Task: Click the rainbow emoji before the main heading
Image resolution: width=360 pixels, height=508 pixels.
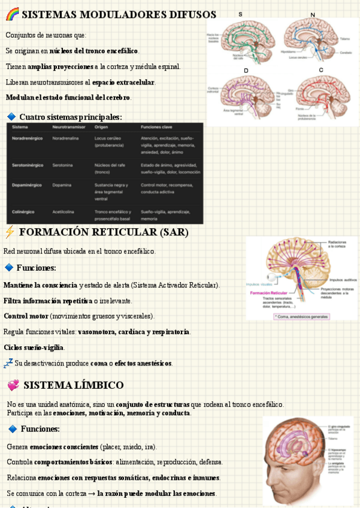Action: click(x=12, y=14)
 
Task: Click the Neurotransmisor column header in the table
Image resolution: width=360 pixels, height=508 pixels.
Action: click(x=69, y=128)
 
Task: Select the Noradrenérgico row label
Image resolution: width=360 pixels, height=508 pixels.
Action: click(x=28, y=138)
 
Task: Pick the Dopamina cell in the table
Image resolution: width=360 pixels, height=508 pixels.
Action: click(x=62, y=185)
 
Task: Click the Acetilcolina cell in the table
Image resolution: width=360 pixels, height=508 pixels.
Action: click(x=64, y=211)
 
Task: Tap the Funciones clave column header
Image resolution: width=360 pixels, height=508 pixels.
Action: click(x=157, y=128)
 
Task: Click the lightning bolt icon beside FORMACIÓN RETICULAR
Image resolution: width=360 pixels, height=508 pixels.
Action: click(x=10, y=232)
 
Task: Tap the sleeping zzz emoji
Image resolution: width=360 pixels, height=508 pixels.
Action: click(x=8, y=363)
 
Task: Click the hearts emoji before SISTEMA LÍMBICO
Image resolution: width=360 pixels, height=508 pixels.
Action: click(x=13, y=385)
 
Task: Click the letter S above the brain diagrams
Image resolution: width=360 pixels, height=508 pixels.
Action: click(x=240, y=14)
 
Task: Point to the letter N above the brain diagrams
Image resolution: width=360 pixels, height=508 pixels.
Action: click(x=312, y=14)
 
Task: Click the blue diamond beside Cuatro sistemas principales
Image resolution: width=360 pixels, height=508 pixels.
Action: click(x=11, y=116)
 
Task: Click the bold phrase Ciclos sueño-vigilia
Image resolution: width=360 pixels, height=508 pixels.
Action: click(x=34, y=347)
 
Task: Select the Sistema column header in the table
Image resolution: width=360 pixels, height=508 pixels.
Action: click(x=20, y=128)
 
